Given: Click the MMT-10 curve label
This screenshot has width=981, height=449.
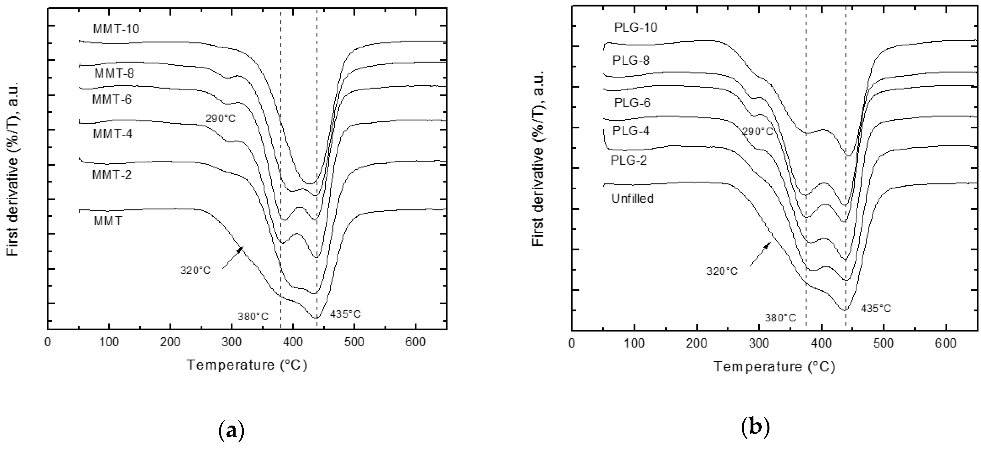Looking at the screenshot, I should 116,29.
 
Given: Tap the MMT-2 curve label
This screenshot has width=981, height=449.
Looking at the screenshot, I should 112,175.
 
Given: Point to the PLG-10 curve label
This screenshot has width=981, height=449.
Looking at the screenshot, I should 635,27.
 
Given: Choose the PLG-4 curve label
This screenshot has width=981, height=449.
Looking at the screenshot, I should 631,131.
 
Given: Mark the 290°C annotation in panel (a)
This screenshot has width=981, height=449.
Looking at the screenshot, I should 221,119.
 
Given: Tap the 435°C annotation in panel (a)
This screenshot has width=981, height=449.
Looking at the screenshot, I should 345,314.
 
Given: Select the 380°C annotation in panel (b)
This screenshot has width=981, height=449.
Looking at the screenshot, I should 781,318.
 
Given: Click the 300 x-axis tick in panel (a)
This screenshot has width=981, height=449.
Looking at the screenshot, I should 232,342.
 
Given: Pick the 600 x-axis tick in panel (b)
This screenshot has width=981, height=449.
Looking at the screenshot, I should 946,343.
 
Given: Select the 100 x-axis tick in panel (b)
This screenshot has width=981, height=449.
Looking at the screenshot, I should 634,343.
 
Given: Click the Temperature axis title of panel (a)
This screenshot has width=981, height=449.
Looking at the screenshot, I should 247,365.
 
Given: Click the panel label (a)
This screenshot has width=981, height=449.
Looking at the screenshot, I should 232,430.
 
